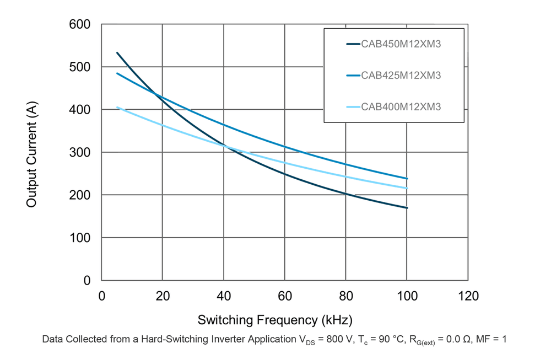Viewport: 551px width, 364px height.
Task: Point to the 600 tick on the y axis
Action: tap(80, 24)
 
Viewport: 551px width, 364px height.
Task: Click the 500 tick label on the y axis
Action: tap(80, 67)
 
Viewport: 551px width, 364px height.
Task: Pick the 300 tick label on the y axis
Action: tap(80, 153)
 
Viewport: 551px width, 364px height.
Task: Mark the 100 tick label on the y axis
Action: tap(80, 238)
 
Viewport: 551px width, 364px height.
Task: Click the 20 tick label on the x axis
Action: tap(163, 297)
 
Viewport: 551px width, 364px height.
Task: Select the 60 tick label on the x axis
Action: tap(285, 297)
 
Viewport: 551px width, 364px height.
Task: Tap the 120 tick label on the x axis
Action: tap(468, 297)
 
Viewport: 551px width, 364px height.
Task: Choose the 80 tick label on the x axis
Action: tap(346, 297)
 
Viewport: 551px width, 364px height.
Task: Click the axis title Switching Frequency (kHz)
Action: tap(274, 320)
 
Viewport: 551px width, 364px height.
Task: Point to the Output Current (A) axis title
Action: tap(31, 153)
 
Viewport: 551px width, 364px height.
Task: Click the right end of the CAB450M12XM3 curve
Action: tap(407, 208)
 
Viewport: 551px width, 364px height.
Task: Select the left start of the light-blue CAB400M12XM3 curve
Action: tap(117, 107)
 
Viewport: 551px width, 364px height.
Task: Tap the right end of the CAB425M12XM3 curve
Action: tap(407, 179)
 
